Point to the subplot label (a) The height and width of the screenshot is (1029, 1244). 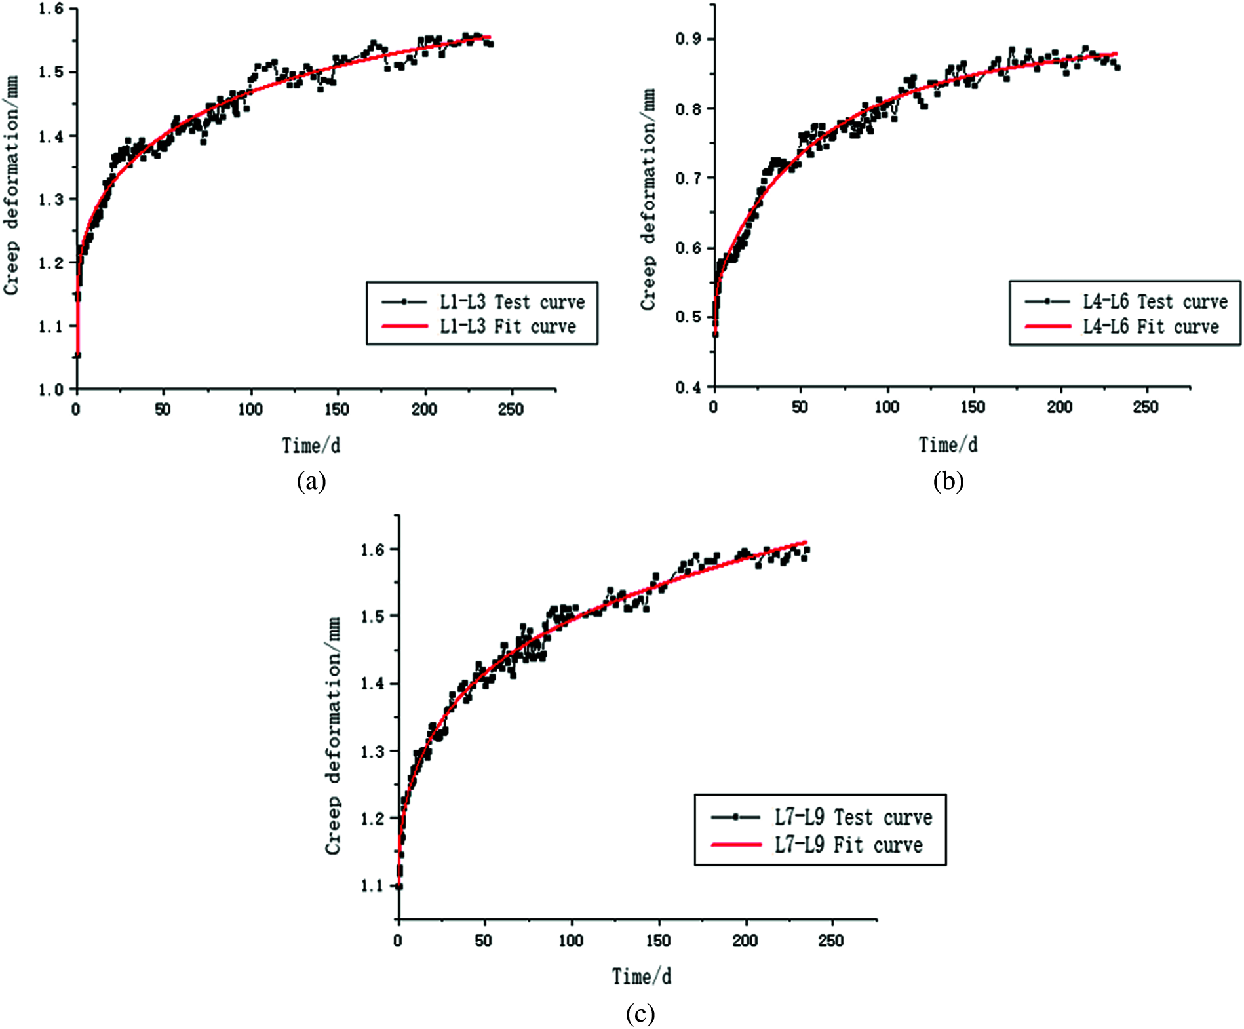[x=311, y=481]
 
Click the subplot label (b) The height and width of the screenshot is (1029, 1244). [x=948, y=481]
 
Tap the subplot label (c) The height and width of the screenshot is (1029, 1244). [x=640, y=1014]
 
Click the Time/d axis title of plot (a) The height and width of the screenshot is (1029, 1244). [x=311, y=446]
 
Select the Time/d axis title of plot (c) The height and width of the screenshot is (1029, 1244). [x=641, y=977]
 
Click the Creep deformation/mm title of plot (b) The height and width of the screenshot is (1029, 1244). [x=648, y=200]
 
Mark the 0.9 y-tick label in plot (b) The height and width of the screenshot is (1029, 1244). [x=688, y=39]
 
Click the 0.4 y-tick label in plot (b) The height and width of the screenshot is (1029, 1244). [x=688, y=387]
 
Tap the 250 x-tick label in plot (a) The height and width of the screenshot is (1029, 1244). [x=511, y=410]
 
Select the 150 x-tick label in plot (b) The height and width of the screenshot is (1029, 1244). [x=973, y=407]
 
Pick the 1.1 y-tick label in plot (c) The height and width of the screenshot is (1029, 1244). [x=372, y=885]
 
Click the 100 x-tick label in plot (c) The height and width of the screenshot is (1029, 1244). [x=571, y=941]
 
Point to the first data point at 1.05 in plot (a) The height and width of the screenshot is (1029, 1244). [x=77, y=355]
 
